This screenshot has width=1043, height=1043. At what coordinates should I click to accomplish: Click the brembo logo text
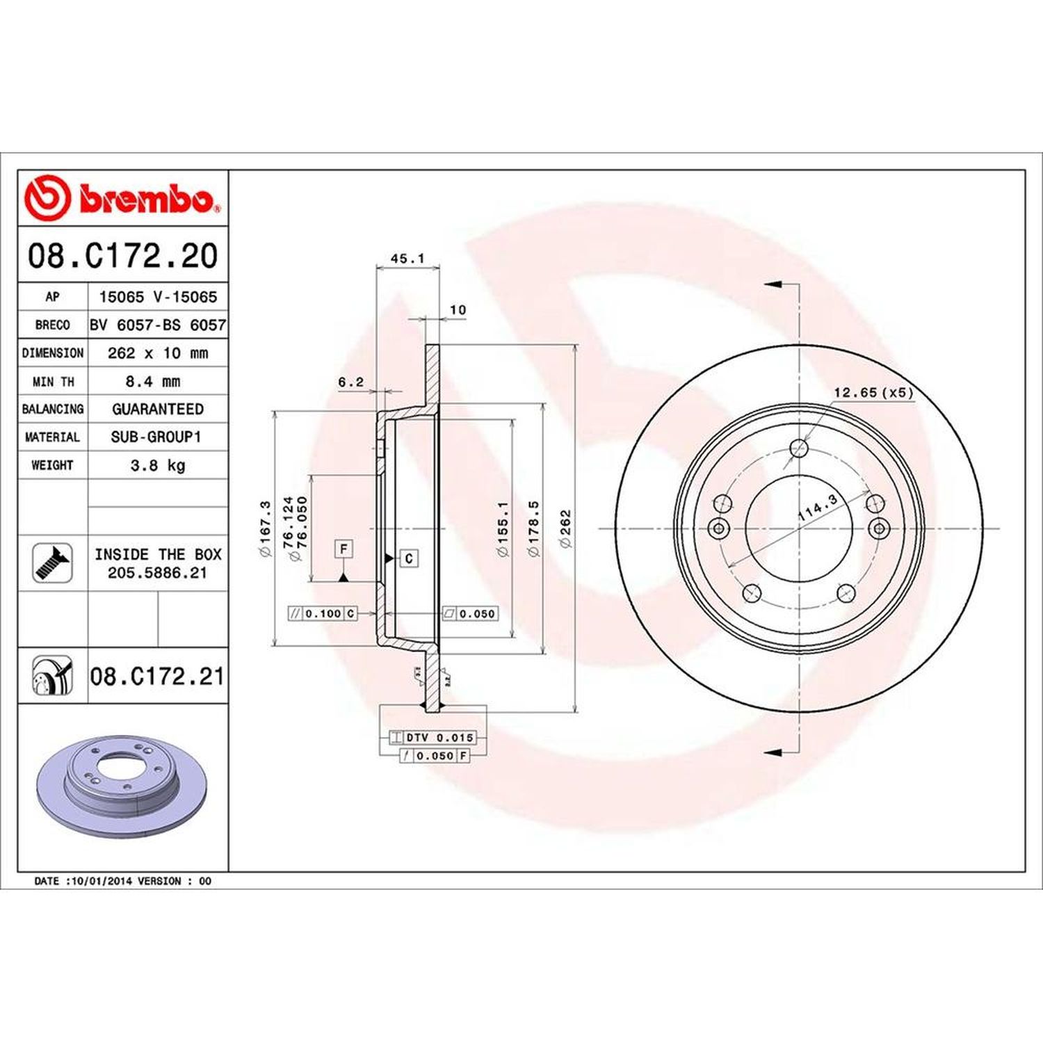(146, 200)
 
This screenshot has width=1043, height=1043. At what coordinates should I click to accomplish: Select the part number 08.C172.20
(122, 255)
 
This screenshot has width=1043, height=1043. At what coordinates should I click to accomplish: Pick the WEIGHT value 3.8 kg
(158, 465)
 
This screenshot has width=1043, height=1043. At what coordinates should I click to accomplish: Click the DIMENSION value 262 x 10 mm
(158, 353)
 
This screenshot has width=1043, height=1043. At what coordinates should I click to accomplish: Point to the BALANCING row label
(53, 409)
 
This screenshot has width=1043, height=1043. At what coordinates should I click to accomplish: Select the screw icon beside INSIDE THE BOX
(53, 563)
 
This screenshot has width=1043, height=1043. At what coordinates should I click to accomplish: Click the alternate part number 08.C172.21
(157, 676)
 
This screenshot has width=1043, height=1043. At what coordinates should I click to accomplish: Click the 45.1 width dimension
(407, 259)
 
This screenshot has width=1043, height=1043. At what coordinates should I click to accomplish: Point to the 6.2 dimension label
(350, 382)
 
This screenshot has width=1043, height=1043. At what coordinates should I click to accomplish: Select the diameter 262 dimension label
(565, 528)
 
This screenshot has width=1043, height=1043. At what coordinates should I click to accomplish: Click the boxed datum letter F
(343, 549)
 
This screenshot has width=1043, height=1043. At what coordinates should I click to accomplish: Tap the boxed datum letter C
(410, 558)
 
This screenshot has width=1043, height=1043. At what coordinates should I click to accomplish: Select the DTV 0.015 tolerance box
(432, 737)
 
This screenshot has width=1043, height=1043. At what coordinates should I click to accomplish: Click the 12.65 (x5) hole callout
(873, 393)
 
